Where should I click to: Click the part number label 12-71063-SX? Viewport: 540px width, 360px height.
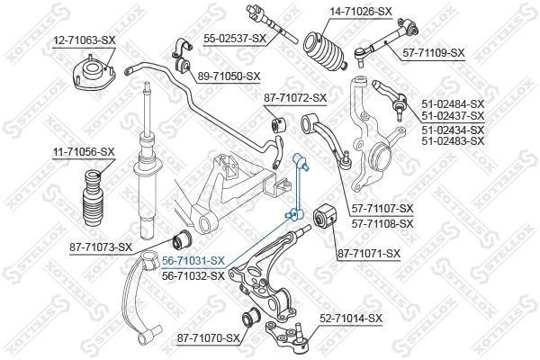[x=85, y=40]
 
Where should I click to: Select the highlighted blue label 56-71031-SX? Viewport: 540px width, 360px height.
[x=193, y=261]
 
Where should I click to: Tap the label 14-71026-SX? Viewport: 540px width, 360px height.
[x=361, y=12]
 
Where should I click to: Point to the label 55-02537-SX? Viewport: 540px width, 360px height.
[x=235, y=39]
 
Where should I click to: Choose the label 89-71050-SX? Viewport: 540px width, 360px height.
[x=229, y=76]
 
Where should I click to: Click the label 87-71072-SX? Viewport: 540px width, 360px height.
[x=295, y=98]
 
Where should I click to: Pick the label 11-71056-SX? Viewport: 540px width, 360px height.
[x=84, y=151]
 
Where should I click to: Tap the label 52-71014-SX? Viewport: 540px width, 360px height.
[x=351, y=319]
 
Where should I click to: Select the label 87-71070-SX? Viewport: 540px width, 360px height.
[x=209, y=338]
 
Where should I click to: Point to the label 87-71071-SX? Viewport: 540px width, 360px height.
[x=369, y=254]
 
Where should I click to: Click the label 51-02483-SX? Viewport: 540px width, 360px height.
[x=453, y=140]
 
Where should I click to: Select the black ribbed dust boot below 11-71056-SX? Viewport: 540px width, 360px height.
[x=94, y=199]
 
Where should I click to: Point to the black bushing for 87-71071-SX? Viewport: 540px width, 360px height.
[x=324, y=218]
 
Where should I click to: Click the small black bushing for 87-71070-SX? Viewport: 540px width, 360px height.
[x=250, y=317]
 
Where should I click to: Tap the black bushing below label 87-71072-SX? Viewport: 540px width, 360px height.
[x=279, y=125]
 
